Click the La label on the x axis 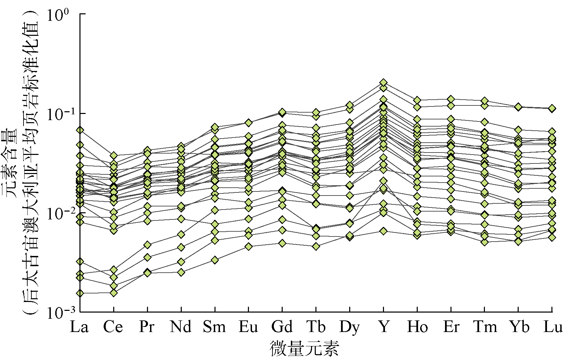(x=79, y=327)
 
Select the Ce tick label (x=113, y=327)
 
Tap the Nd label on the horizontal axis (x=181, y=327)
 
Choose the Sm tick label (x=214, y=327)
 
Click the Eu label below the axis (x=248, y=327)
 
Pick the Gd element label (x=282, y=327)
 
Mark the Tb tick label (x=316, y=327)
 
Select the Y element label (x=384, y=327)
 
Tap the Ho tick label (x=417, y=327)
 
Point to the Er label (x=451, y=327)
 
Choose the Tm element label (x=485, y=327)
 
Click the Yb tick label (x=519, y=327)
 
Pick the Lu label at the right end (x=552, y=327)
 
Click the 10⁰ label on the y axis (x=59, y=16)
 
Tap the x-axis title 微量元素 (x=305, y=348)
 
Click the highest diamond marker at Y (x=384, y=83)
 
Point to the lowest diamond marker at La (x=80, y=293)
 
